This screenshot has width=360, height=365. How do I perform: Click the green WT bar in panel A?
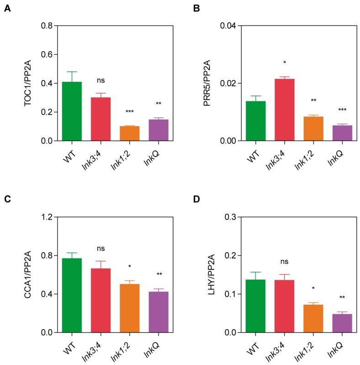tap(72, 111)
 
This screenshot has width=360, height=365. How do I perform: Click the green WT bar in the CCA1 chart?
tap(72, 295)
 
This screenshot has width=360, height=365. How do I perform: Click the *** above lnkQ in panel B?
tap(342, 110)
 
